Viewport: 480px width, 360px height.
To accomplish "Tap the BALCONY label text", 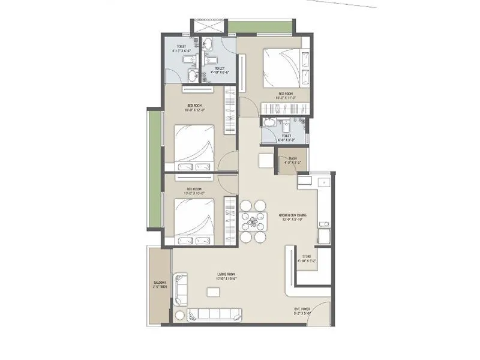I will pos(159,284).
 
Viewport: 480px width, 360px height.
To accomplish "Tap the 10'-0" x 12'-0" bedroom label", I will pos(196,108).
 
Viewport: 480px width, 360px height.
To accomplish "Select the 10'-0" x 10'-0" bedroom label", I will pos(196,191).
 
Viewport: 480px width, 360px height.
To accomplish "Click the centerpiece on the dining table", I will pos(253,221).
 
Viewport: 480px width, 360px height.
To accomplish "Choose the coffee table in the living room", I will pos(212,292).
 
